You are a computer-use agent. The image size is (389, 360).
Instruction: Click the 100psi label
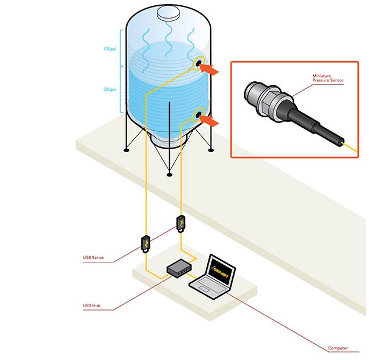tap(110, 49)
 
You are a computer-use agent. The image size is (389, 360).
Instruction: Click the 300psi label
tap(110, 89)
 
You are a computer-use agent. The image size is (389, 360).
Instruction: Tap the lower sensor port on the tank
tap(199, 115)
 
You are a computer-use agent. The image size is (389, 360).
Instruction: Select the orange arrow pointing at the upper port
tap(212, 70)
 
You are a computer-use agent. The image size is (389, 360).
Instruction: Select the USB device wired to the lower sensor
tap(181, 224)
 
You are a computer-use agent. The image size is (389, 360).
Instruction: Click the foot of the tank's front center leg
tap(169, 174)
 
